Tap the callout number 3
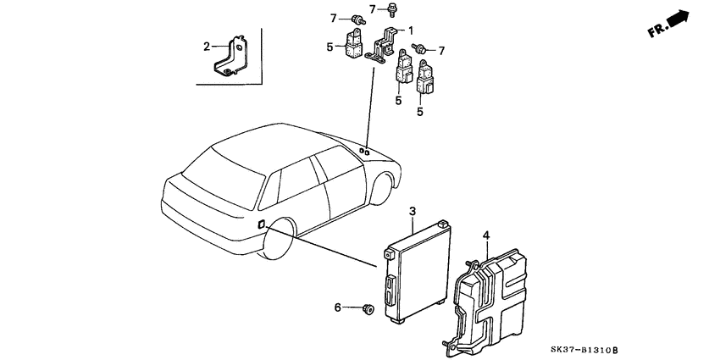tap(412, 210)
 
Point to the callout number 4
tap(486, 235)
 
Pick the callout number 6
tap(337, 307)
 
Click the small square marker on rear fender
tap(261, 224)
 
